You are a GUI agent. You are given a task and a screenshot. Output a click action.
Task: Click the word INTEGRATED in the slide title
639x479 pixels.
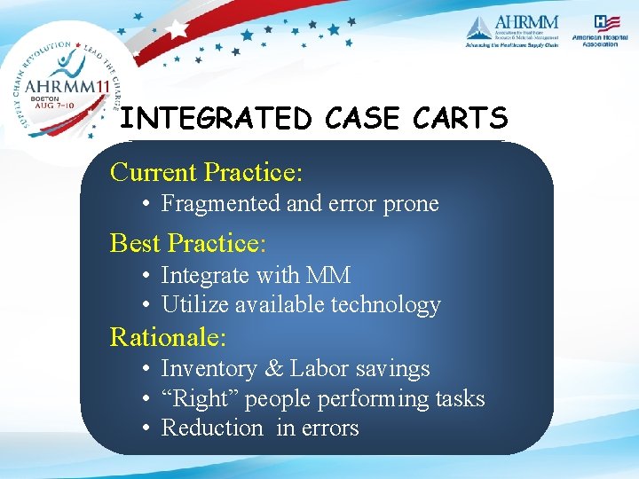tap(215, 118)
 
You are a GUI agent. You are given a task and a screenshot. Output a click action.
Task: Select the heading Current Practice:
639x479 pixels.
tap(206, 170)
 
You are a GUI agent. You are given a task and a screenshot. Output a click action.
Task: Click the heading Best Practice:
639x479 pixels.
tap(188, 242)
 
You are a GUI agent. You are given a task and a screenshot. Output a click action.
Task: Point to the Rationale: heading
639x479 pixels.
tap(168, 337)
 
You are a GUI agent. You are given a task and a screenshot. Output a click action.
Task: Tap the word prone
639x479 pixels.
tap(410, 203)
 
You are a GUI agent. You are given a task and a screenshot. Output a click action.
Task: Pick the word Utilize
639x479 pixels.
tap(190, 305)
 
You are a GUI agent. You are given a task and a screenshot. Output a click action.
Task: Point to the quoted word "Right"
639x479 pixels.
tap(200, 399)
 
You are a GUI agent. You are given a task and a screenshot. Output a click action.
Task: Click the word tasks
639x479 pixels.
tap(460, 399)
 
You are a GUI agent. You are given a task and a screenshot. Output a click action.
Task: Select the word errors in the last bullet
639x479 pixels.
tap(329, 428)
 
